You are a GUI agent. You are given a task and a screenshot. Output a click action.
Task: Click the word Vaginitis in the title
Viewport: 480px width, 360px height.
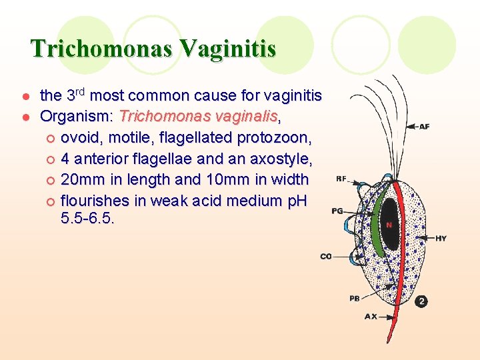(229, 49)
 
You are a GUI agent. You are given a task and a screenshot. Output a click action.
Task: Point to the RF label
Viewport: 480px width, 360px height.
(341, 179)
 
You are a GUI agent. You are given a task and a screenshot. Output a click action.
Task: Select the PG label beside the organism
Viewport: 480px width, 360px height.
(337, 211)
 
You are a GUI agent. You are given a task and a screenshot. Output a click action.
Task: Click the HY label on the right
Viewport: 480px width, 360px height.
(441, 238)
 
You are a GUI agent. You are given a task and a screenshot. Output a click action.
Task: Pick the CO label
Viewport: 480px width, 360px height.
(326, 257)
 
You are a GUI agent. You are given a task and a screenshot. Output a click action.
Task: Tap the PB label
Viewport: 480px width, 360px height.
(355, 298)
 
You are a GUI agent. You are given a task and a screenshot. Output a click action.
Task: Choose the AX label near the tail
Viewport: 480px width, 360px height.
(371, 317)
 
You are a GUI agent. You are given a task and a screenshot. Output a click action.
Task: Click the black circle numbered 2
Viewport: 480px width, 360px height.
(421, 301)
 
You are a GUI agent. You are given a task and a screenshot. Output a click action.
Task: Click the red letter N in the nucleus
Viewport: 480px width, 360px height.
(388, 225)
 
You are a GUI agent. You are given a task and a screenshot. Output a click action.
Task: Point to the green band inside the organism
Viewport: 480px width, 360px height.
(379, 220)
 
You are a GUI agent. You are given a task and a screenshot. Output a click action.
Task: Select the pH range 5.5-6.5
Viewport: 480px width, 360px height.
(87, 217)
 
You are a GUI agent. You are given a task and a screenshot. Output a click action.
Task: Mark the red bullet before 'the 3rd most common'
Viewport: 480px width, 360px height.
(24, 96)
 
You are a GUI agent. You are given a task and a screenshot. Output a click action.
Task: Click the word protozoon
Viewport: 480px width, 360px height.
(274, 138)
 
